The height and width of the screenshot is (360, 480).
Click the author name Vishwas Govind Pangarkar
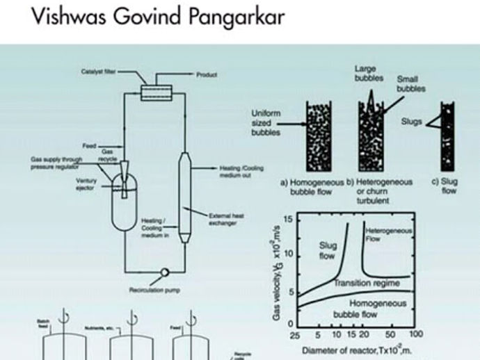pyautogui.click(x=158, y=17)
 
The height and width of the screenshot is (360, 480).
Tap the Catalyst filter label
pyautogui.click(x=98, y=71)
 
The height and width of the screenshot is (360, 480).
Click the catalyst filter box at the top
pyautogui.click(x=150, y=92)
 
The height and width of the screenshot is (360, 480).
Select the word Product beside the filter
pyautogui.click(x=207, y=74)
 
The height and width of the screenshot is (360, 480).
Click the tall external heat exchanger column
pyautogui.click(x=185, y=197)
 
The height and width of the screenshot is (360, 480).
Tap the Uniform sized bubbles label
pyautogui.click(x=266, y=120)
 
